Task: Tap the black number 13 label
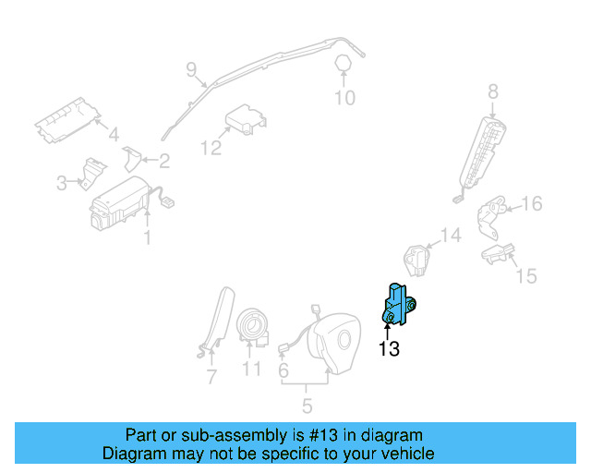coord(389,348)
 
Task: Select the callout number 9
coord(192,69)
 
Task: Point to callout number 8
coord(492,91)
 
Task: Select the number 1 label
coord(147,238)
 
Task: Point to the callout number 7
coord(211,377)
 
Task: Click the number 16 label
coord(533,204)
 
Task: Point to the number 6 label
coord(283,371)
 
